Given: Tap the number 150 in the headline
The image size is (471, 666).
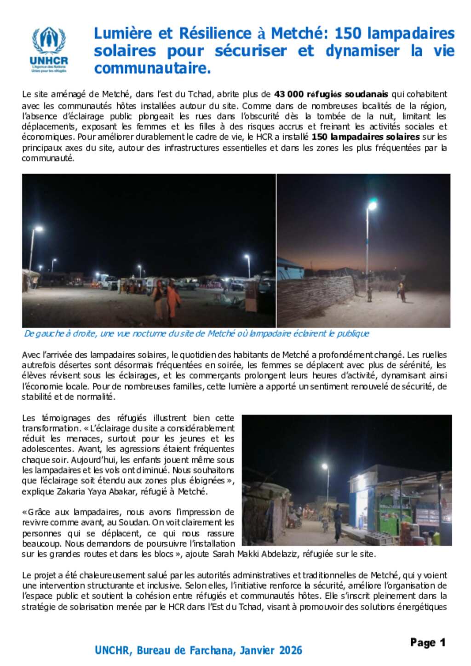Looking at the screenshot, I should (x=349, y=34).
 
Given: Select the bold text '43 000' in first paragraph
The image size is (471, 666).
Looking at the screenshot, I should (x=288, y=94).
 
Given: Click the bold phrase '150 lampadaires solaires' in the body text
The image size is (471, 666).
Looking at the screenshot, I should (x=365, y=137).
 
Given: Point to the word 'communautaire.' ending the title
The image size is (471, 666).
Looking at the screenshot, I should (x=152, y=68).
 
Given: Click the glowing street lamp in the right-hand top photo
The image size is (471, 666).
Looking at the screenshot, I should (x=372, y=206).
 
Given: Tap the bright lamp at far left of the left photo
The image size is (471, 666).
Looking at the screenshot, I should (x=38, y=229).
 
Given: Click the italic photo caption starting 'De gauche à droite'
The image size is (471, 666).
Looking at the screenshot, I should (x=196, y=333).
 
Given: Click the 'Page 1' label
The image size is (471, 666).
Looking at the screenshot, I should (x=428, y=643).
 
